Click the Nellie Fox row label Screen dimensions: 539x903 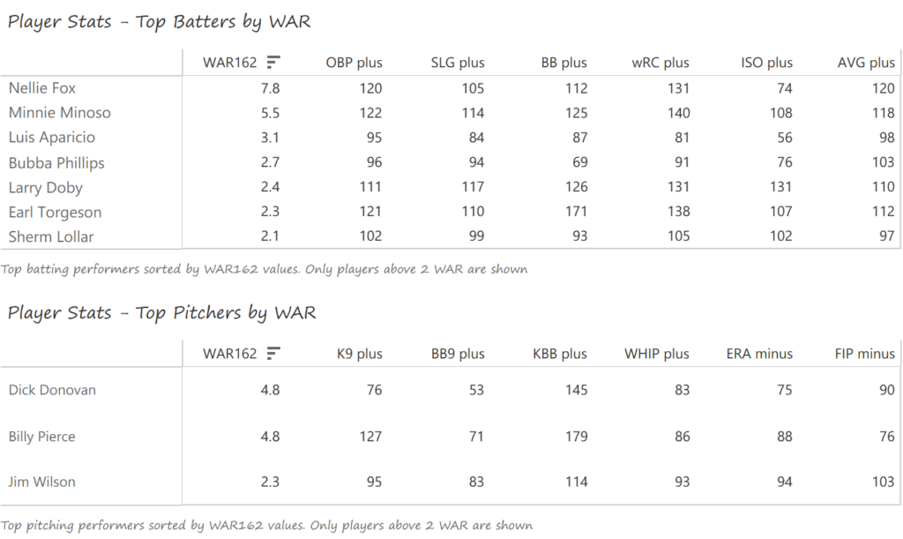pos(42,88)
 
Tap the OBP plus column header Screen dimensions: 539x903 pos(354,63)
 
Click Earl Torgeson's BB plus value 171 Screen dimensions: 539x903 pos(575,213)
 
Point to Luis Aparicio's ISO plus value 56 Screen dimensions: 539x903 pos(783,138)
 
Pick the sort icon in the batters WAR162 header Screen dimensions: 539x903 pos(273,62)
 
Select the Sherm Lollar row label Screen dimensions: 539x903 pos(51,236)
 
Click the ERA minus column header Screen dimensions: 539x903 pos(759,354)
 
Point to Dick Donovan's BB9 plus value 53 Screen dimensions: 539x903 pos(476,390)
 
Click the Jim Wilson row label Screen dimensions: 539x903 pos(41,482)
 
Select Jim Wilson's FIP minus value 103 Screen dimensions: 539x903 pos(883,482)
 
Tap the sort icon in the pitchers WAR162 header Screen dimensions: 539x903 pos(273,353)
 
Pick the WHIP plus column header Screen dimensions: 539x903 pos(657,354)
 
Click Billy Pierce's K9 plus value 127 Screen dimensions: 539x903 pos(370,437)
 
